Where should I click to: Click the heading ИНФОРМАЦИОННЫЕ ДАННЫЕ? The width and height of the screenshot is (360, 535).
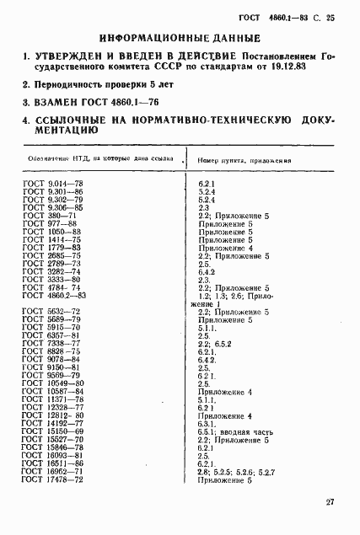coord(179,38)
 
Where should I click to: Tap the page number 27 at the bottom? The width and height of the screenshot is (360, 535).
coord(330,503)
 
